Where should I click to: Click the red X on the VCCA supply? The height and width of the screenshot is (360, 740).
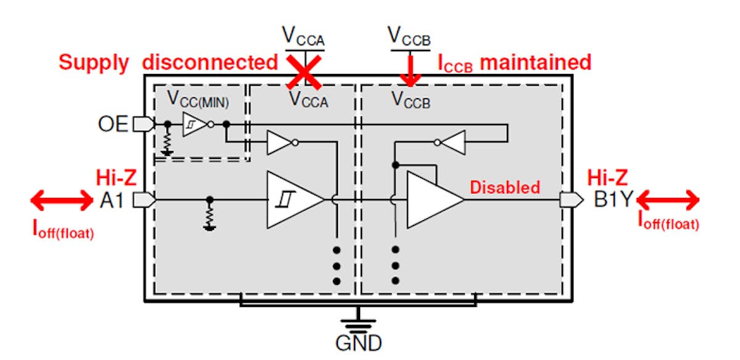302,72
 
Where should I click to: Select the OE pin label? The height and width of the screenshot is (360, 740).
113,124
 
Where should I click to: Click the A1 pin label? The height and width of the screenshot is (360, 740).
114,200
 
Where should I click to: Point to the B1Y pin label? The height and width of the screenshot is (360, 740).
614,200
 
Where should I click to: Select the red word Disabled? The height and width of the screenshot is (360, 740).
505,187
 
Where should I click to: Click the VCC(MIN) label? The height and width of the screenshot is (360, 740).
197,99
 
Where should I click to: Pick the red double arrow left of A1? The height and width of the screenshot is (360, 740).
62,200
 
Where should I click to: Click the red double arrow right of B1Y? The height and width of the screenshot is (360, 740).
668,200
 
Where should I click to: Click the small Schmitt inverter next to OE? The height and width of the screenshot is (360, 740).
196,124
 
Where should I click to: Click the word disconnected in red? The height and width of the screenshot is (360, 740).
210,62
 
